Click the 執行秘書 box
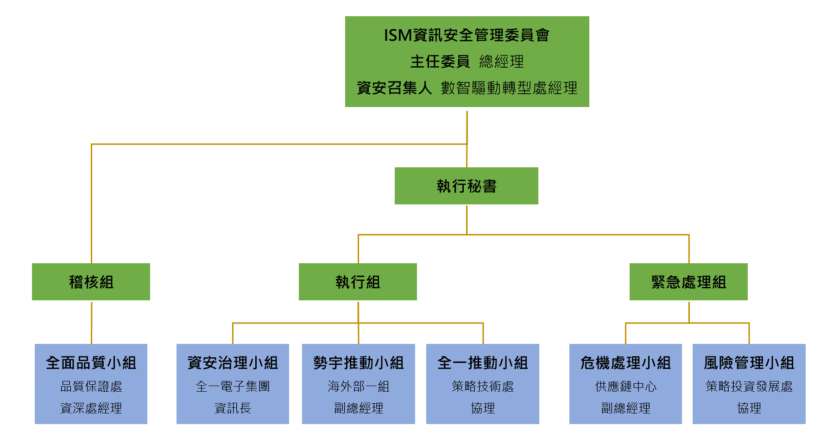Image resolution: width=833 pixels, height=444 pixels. tap(466, 186)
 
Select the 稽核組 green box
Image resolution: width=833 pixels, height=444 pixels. tap(91, 282)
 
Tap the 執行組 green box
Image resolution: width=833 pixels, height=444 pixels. tap(358, 282)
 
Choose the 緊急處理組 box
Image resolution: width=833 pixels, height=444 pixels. tap(688, 282)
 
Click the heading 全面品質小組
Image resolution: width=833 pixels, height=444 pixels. tap(91, 363)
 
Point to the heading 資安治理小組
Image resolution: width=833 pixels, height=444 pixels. tap(233, 363)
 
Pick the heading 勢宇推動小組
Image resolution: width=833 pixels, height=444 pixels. tap(359, 363)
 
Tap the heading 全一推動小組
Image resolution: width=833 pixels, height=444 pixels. tap(483, 363)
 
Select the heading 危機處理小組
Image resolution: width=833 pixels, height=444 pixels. tap(625, 363)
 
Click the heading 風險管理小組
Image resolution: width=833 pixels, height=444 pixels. tap(749, 363)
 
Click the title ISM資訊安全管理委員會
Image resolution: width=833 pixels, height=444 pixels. tap(467, 35)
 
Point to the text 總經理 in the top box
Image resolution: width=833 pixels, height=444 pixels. tap(502, 62)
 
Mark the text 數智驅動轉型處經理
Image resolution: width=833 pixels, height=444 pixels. tap(509, 88)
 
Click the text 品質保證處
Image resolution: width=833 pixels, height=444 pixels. tap(91, 387)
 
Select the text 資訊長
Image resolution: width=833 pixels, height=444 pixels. tap(233, 408)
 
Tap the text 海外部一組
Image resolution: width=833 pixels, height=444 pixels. tap(359, 387)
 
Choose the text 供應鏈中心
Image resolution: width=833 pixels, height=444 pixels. tap(625, 387)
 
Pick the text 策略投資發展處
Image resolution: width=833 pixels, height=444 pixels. tap(749, 387)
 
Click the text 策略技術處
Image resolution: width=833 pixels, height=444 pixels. tap(483, 387)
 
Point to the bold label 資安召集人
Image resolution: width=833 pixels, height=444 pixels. tap(394, 88)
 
